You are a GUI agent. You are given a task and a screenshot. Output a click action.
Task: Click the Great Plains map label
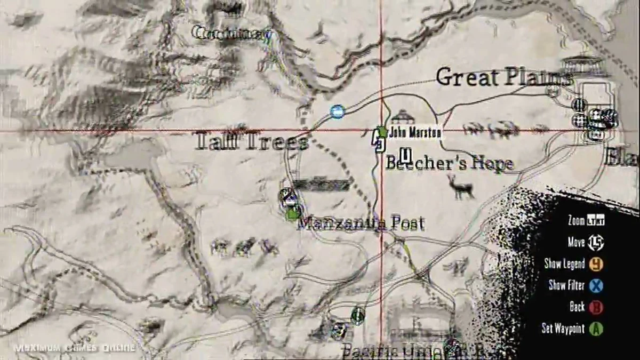tap(503, 77)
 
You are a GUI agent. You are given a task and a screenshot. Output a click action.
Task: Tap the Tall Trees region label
tap(252, 142)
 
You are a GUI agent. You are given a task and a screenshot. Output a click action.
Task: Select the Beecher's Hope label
tap(449, 164)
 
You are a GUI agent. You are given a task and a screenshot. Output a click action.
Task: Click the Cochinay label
tap(229, 34)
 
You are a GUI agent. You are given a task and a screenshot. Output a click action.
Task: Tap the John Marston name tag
tap(415, 133)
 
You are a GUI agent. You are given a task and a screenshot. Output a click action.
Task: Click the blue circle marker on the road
tap(337, 111)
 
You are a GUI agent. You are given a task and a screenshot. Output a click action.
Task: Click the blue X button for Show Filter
tap(596, 285)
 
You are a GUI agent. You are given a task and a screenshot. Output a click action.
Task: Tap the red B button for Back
tap(596, 307)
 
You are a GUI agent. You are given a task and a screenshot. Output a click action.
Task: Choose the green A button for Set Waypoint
tap(596, 328)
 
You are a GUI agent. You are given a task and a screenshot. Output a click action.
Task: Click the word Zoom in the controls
tap(576, 221)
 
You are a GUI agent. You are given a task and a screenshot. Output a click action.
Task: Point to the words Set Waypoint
tap(563, 328)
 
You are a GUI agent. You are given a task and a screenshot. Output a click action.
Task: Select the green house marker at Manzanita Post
tap(291, 214)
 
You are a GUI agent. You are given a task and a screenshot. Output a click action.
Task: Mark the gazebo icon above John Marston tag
tap(402, 116)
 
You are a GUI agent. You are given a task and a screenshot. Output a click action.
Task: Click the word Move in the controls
tap(576, 242)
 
